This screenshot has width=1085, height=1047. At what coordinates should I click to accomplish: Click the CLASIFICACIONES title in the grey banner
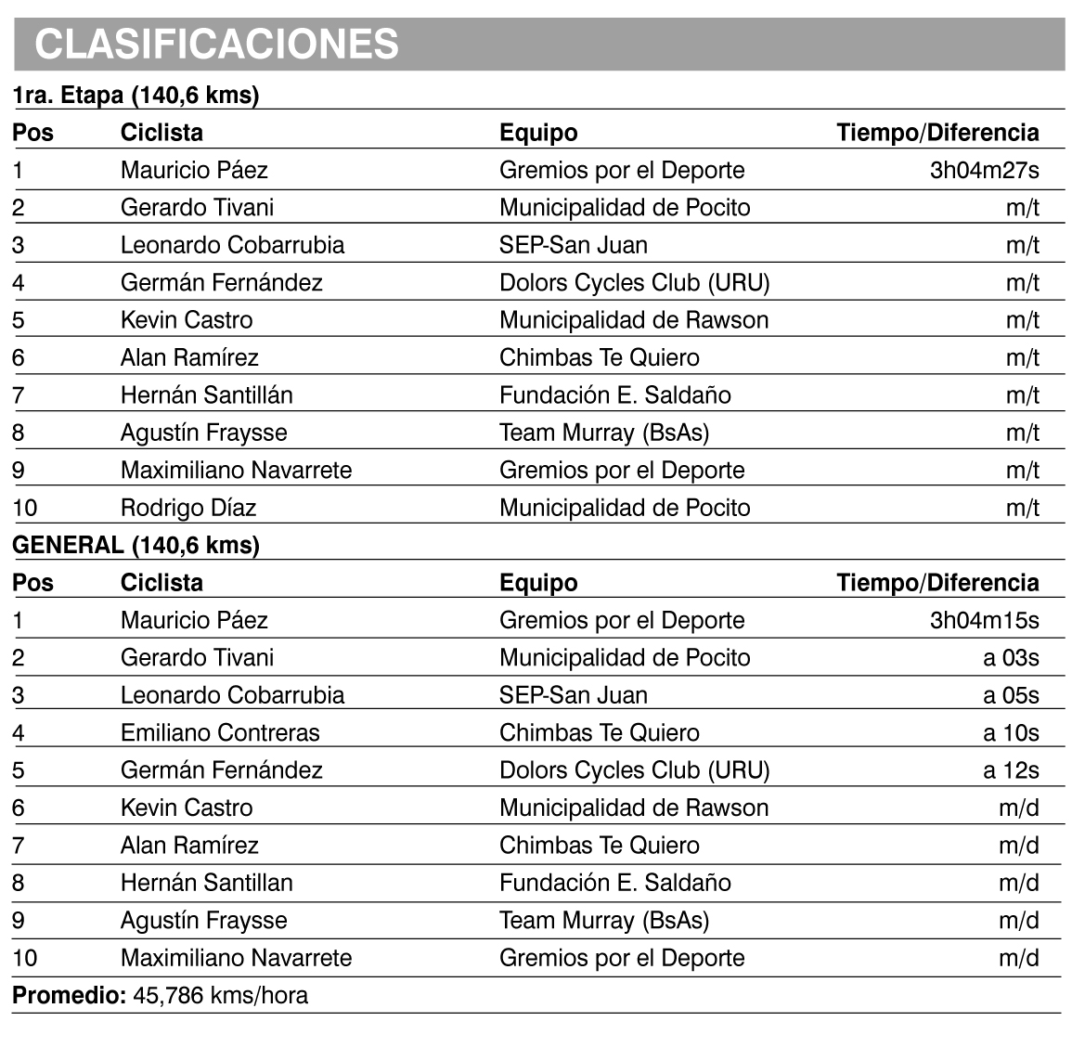(217, 44)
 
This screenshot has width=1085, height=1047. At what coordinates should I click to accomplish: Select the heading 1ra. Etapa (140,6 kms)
(136, 95)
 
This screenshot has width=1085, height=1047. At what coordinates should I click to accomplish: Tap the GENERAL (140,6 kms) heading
(136, 545)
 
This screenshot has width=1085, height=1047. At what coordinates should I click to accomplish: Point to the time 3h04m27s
(984, 170)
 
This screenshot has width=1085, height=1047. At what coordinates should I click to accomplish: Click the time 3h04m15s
(984, 620)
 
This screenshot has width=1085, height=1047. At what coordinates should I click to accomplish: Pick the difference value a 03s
(1011, 658)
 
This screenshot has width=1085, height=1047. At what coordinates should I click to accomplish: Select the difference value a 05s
(1011, 695)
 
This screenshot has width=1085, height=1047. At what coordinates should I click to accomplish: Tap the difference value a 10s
(1011, 732)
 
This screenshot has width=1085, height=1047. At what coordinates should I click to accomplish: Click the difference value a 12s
(1011, 770)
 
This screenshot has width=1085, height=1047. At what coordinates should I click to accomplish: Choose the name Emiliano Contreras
(220, 732)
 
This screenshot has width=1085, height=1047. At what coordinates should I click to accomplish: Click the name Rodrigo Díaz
(188, 508)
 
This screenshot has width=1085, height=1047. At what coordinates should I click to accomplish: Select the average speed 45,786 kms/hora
(221, 996)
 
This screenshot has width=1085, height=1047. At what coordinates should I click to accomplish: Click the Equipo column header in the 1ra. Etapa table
(538, 133)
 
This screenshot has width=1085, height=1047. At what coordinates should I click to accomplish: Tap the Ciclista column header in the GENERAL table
(161, 583)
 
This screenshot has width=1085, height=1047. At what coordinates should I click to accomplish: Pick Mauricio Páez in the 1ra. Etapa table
(194, 170)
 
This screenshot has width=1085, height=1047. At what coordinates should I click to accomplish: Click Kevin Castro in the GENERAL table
(187, 808)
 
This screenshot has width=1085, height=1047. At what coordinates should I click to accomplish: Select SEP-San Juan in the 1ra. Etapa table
(574, 245)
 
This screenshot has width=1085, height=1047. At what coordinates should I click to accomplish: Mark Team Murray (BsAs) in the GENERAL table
(604, 920)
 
